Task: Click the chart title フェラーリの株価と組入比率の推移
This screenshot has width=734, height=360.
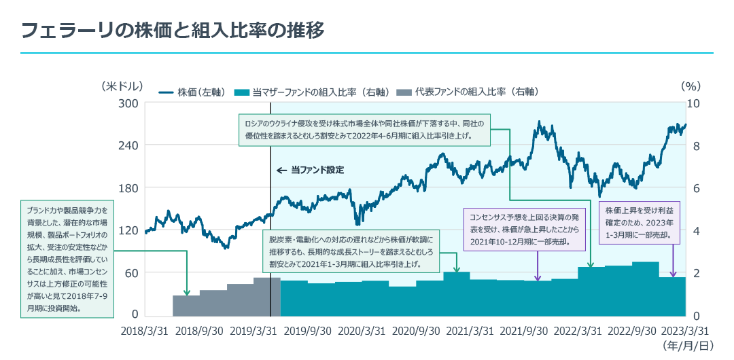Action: pyautogui.click(x=173, y=30)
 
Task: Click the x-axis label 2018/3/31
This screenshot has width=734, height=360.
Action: pyautogui.click(x=145, y=331)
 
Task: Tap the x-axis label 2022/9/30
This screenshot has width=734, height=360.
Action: pyautogui.click(x=631, y=331)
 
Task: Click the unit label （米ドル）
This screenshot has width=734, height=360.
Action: pyautogui.click(x=122, y=86)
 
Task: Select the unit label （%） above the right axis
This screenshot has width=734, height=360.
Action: pyautogui.click(x=690, y=86)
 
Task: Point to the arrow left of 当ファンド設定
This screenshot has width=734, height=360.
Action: pyautogui.click(x=281, y=170)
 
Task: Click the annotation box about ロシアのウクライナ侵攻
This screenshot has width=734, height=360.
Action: pyautogui.click(x=364, y=130)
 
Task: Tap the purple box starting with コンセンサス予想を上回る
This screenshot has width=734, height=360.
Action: pyautogui.click(x=524, y=228)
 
